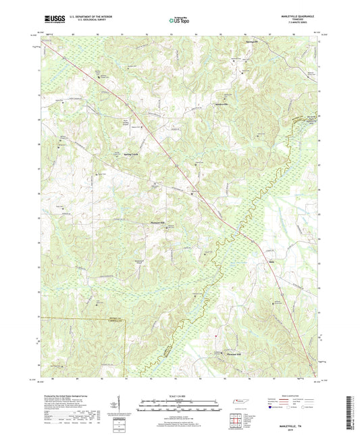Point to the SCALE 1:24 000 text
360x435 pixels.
click(179, 395)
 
